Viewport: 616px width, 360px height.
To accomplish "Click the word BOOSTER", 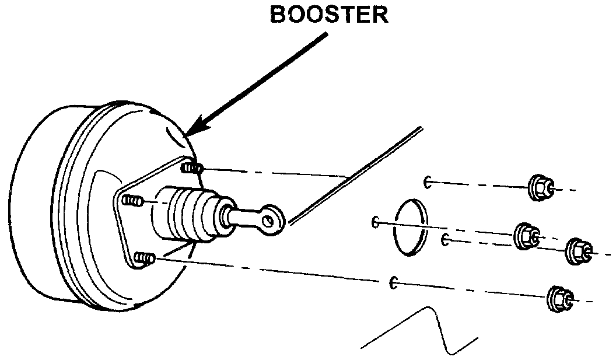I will coord(329,15).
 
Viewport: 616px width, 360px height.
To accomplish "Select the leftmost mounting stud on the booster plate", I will coord(132,201).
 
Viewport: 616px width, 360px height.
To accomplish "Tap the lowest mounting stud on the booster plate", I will coord(143,257).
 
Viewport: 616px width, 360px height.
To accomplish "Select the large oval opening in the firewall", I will coord(410,226).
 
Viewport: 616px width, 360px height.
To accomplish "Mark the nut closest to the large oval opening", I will coord(526,236).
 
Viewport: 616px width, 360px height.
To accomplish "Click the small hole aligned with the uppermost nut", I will coord(428,182).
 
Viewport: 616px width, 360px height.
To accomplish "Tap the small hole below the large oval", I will coord(394,282).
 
